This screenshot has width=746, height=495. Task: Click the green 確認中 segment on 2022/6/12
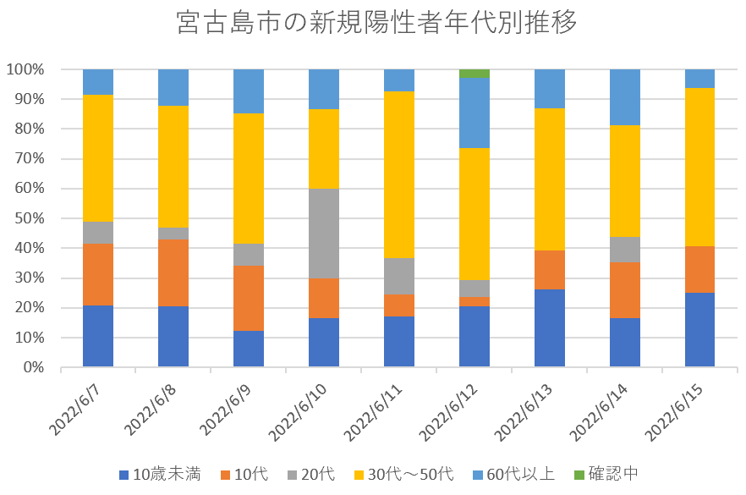[474, 73]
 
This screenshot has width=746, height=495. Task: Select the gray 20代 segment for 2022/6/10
[324, 234]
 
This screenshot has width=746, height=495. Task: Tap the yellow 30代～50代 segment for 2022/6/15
[700, 167]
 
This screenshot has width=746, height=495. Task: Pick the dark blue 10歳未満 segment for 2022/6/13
[550, 328]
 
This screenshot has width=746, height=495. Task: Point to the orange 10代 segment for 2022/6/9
[249, 298]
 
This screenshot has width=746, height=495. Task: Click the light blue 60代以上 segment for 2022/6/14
[625, 97]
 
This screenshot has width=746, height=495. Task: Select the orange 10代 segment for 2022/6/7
[98, 274]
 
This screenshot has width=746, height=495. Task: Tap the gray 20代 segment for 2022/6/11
[399, 276]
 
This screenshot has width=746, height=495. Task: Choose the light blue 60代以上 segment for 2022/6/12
[474, 113]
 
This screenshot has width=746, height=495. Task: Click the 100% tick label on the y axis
[28, 69]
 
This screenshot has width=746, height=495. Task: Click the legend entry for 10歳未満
[161, 474]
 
